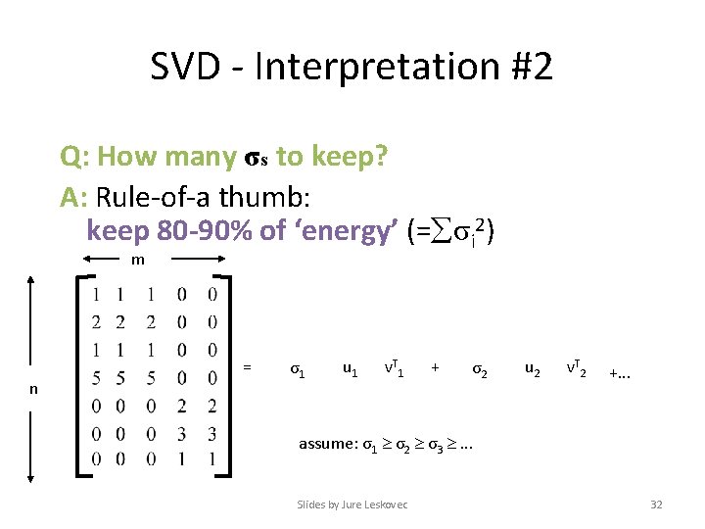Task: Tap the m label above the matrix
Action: tap(139, 260)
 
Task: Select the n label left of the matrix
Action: tap(33, 389)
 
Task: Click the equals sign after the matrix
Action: tap(247, 367)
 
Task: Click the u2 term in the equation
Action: tap(532, 369)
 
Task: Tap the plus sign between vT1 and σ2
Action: tap(435, 368)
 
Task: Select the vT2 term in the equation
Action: tap(575, 368)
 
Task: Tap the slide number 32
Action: tap(656, 505)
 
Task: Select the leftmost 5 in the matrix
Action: tap(94, 377)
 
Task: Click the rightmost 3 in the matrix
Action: tap(212, 433)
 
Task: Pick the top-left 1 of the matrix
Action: tap(94, 294)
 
